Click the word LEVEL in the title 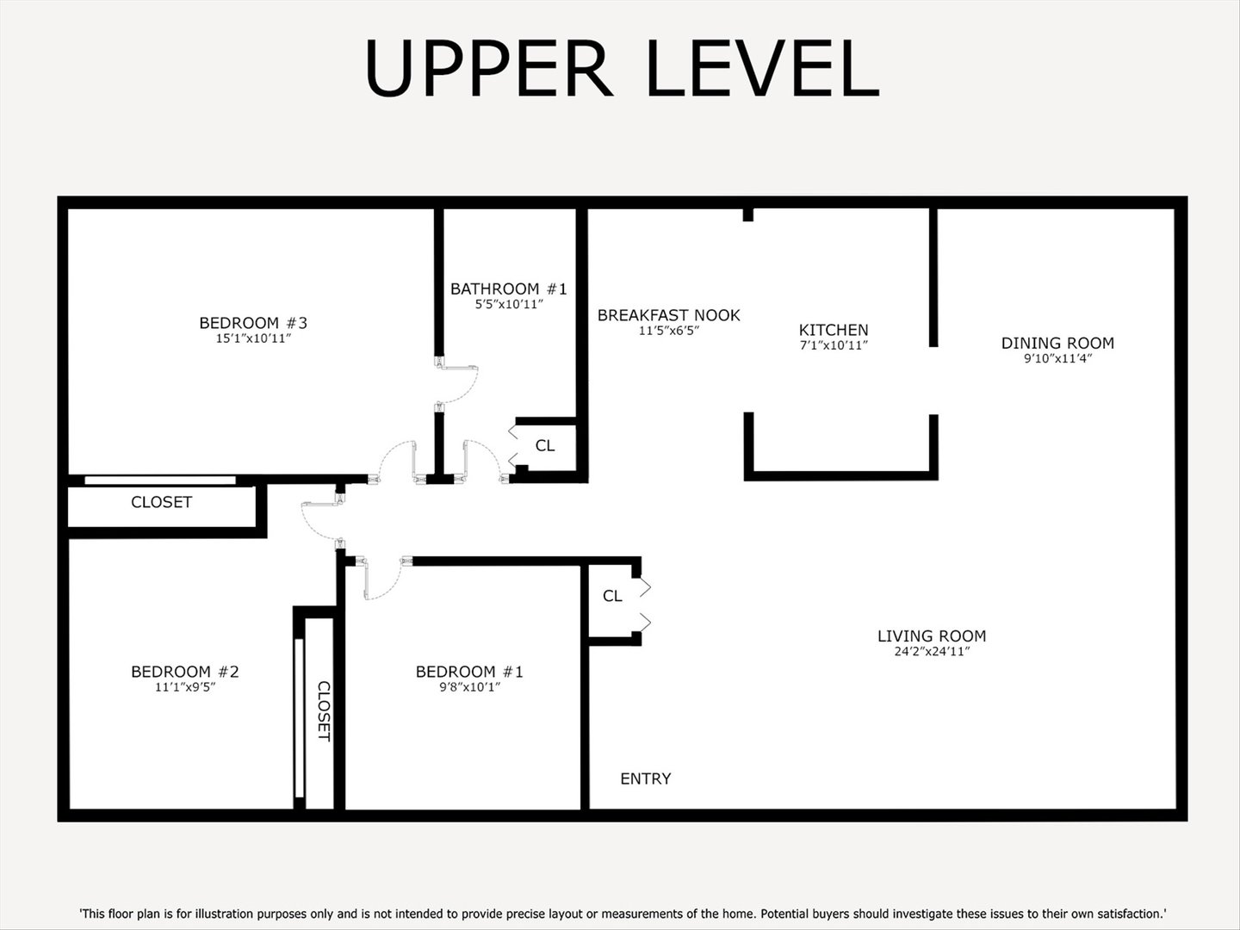coord(762,69)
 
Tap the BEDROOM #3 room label coord(253,323)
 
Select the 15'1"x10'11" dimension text coord(253,339)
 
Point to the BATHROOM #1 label coord(508,289)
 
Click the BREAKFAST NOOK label coord(668,315)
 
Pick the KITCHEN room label coord(833,330)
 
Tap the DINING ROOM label coord(1057,343)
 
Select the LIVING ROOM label coord(931,636)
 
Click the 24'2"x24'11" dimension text coord(931,652)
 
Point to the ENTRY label coord(645,778)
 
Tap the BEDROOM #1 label coord(468,672)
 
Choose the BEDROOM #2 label coord(184,672)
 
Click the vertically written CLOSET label coord(324,710)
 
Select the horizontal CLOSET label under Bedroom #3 coord(161,502)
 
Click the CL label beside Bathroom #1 coord(544,445)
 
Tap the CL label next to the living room coord(611,596)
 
